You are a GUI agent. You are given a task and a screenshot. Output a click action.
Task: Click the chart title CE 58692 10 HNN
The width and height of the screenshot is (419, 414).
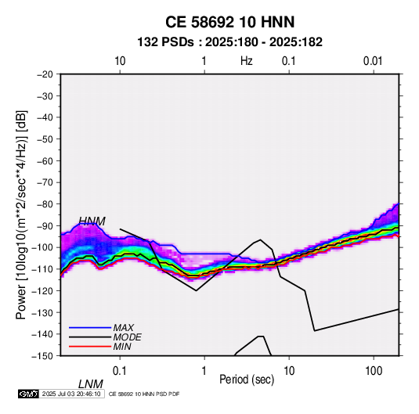[229, 22]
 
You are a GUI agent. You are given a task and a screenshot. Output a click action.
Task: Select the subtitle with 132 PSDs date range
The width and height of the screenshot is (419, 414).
[229, 42]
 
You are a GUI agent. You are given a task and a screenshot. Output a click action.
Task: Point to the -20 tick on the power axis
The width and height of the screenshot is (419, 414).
[45, 74]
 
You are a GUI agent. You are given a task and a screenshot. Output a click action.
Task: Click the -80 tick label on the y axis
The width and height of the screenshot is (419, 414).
[45, 204]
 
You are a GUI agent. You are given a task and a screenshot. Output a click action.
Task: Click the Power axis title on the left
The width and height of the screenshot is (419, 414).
[21, 215]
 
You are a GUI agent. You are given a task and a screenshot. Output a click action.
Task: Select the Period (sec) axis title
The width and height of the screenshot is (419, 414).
[247, 380]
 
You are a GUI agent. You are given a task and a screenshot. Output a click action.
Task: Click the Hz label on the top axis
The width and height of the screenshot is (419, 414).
[247, 61]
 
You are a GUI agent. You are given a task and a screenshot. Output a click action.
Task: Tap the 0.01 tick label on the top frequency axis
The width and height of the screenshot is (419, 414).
[373, 61]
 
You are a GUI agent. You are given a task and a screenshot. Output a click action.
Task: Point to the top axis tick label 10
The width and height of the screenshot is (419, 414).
[120, 61]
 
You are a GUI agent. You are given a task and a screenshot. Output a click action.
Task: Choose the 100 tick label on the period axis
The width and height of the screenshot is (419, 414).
[374, 371]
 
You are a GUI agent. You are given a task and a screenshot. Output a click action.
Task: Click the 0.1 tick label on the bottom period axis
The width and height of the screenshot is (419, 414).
[119, 371]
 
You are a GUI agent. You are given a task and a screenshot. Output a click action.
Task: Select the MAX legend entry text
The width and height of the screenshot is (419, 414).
[124, 327]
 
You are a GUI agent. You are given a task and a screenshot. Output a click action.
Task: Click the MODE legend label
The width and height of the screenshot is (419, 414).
[127, 337]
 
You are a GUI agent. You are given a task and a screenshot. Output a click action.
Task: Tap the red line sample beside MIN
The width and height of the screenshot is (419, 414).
[90, 347]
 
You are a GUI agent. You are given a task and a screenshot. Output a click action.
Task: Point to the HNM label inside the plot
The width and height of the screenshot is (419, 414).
[92, 221]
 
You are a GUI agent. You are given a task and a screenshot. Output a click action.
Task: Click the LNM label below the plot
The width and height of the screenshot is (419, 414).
[91, 384]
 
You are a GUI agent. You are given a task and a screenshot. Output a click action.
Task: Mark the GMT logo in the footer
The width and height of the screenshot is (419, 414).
[29, 394]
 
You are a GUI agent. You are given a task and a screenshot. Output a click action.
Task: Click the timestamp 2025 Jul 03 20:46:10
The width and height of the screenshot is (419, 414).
[71, 394]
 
